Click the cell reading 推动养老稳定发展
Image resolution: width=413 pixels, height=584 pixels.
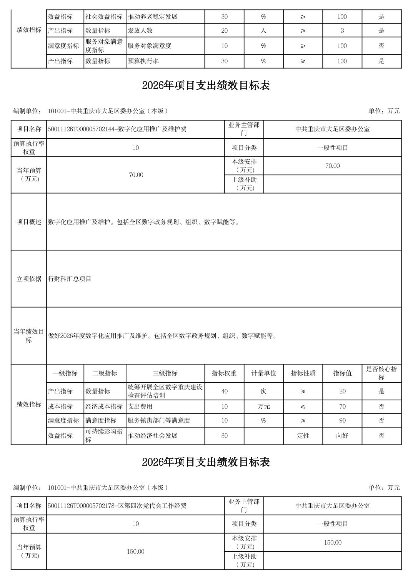(152, 17)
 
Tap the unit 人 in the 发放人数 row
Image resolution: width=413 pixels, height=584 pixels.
(263, 31)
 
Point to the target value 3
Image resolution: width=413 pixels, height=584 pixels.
(342, 31)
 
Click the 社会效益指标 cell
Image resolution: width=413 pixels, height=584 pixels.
(104, 17)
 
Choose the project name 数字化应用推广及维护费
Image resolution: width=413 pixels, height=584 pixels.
(117, 129)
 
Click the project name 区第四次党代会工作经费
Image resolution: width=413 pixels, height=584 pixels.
(117, 506)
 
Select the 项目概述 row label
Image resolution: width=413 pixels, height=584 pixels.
(29, 222)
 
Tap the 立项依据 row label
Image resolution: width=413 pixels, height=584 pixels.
(29, 279)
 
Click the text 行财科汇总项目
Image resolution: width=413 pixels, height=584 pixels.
(70, 279)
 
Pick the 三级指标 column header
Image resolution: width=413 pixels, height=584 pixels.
(165, 373)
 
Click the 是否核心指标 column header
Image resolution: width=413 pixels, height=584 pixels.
(381, 373)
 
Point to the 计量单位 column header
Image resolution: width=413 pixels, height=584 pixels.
(263, 373)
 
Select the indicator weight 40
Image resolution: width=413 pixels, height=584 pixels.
(224, 392)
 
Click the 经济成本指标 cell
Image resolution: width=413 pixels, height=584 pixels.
(104, 406)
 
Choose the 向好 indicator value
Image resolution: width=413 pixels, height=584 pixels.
(342, 436)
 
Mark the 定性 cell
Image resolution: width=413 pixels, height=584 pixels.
(303, 436)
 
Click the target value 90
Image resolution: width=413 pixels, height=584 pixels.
(342, 420)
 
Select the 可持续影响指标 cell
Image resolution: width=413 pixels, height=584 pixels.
(104, 436)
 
